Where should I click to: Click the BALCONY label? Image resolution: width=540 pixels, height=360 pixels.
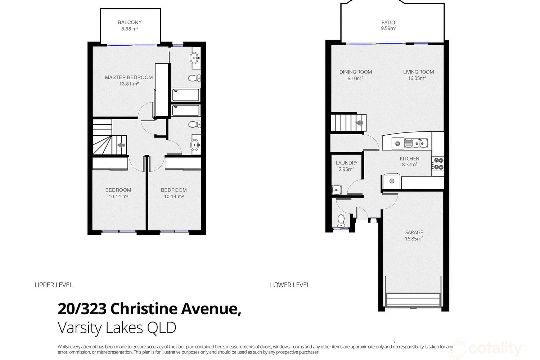(130, 22)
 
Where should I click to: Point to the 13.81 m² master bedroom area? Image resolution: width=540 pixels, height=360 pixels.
(129, 84)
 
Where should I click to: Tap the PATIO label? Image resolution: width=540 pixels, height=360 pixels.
(388, 22)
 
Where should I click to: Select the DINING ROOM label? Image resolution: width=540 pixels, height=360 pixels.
(356, 72)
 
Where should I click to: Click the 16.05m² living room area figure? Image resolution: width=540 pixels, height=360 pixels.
(417, 78)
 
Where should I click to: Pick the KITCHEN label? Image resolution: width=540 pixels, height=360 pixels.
(409, 159)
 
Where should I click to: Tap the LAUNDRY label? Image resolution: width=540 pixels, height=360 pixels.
(347, 163)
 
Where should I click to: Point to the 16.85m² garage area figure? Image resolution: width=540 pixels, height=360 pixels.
(414, 239)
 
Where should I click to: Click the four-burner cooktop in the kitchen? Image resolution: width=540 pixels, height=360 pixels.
(438, 164)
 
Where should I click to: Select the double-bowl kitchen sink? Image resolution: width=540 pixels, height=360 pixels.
(416, 143)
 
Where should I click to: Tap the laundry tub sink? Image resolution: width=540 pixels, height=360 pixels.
(336, 190)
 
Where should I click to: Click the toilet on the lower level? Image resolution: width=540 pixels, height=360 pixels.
(341, 221)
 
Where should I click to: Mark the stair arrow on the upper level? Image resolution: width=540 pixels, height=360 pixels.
(121, 145)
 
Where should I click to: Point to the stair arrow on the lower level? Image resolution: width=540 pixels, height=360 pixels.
(360, 123)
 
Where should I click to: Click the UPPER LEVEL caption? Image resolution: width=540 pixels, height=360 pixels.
(54, 285)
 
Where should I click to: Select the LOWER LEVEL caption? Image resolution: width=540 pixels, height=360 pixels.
(290, 285)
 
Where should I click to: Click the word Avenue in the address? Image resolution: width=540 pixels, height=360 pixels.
(211, 309)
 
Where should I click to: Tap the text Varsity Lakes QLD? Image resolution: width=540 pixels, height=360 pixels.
(117, 328)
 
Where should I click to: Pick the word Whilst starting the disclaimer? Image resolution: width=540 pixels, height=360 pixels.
(63, 347)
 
